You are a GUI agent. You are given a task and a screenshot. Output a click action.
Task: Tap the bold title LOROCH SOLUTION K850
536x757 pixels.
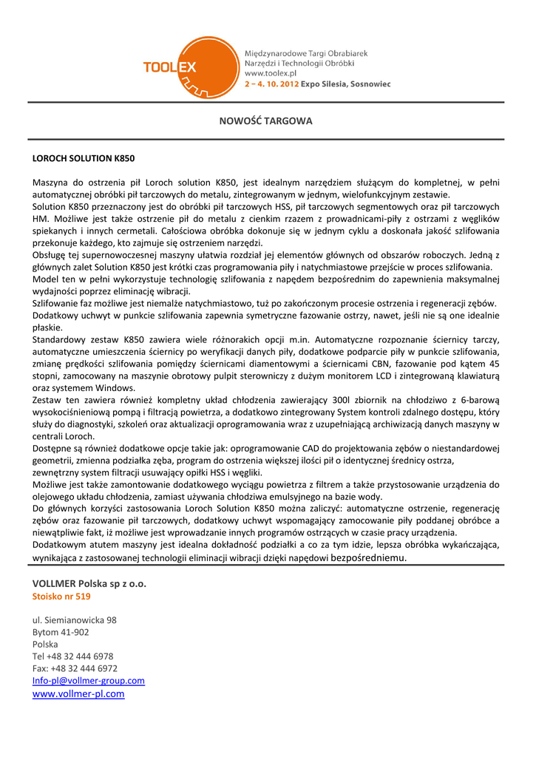pos(84,158)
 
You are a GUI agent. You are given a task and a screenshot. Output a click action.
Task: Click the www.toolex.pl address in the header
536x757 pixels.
pos(270,74)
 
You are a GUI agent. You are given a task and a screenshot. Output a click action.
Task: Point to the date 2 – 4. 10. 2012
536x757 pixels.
pos(271,84)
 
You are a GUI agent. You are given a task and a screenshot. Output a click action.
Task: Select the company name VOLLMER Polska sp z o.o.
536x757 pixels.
pos(89,583)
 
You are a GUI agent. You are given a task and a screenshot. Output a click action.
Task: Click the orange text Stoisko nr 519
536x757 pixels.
pos(61,596)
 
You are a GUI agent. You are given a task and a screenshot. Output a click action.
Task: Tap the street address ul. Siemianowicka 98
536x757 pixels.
pos(74,620)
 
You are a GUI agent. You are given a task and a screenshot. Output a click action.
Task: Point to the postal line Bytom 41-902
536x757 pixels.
pos(61,632)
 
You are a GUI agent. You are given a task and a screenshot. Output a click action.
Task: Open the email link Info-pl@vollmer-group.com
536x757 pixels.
pos(89,680)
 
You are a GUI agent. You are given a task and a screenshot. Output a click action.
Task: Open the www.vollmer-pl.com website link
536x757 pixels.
pos(78,693)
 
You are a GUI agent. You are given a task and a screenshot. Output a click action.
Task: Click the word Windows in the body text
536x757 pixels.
pos(115,387)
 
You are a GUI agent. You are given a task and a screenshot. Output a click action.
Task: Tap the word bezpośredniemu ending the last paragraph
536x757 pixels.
pos(370,558)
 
